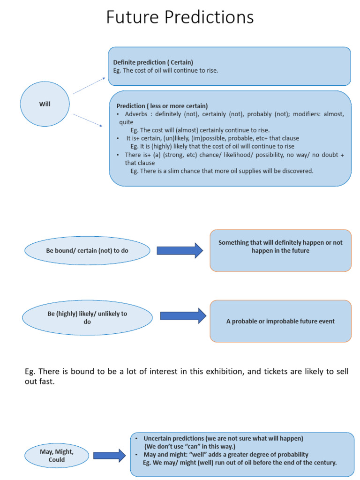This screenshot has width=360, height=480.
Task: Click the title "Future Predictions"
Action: pyautogui.click(x=180, y=18)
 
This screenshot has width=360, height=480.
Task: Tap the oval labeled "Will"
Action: pyautogui.click(x=45, y=104)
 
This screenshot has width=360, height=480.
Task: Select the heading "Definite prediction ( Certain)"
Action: pyautogui.click(x=153, y=62)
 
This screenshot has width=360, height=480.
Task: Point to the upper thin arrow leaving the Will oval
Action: pyautogui.click(x=89, y=86)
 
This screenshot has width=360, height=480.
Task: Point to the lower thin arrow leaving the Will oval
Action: pyautogui.click(x=88, y=120)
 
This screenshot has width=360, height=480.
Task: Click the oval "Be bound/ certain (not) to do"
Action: pyautogui.click(x=87, y=251)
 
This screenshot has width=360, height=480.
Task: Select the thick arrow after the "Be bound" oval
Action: pyautogui.click(x=180, y=251)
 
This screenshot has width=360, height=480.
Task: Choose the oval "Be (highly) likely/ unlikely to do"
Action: pyautogui.click(x=87, y=318)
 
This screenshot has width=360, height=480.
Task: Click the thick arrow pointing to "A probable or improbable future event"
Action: pyautogui.click(x=183, y=316)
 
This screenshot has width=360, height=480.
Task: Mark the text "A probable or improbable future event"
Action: pyautogui.click(x=280, y=322)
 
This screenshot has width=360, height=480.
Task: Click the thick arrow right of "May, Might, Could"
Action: pyautogui.click(x=109, y=455)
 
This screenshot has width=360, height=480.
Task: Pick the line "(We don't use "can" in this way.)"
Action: pyautogui.click(x=189, y=446)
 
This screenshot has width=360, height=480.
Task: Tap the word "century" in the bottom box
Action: pyautogui.click(x=323, y=463)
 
